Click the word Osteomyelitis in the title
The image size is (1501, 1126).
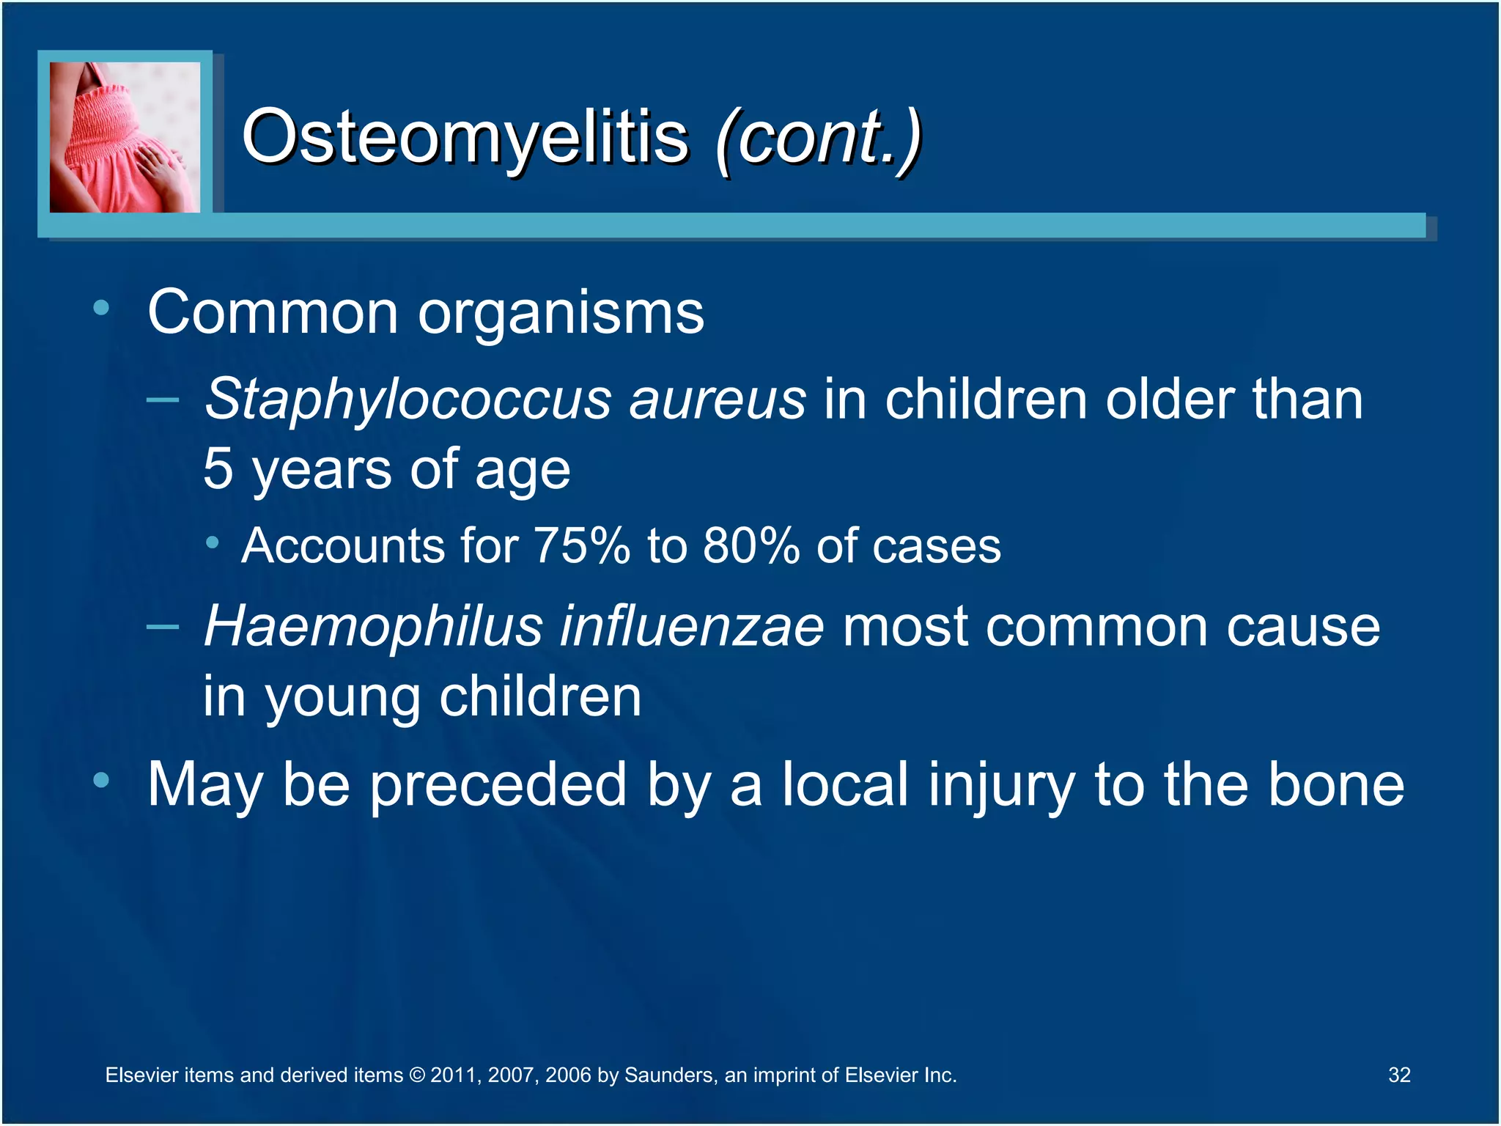click(465, 137)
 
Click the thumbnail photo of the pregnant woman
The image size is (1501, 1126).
click(125, 137)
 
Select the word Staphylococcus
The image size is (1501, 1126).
click(407, 400)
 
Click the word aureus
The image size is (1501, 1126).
click(718, 400)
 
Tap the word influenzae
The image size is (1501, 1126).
click(692, 627)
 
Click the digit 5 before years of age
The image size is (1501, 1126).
click(218, 469)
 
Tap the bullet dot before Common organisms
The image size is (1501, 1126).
click(101, 308)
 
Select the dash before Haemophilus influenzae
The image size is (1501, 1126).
click(162, 627)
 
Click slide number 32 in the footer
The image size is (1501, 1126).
click(1398, 1075)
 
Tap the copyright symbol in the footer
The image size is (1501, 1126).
click(416, 1075)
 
